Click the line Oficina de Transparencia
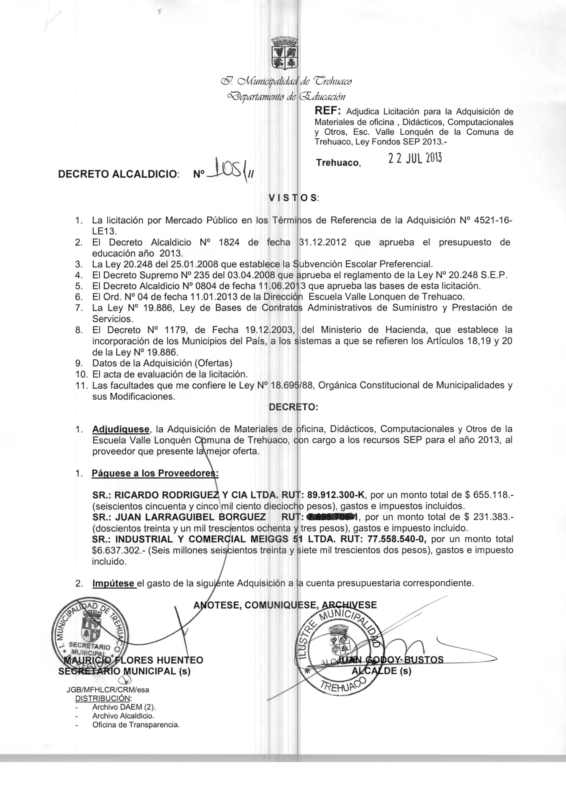(136, 725)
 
